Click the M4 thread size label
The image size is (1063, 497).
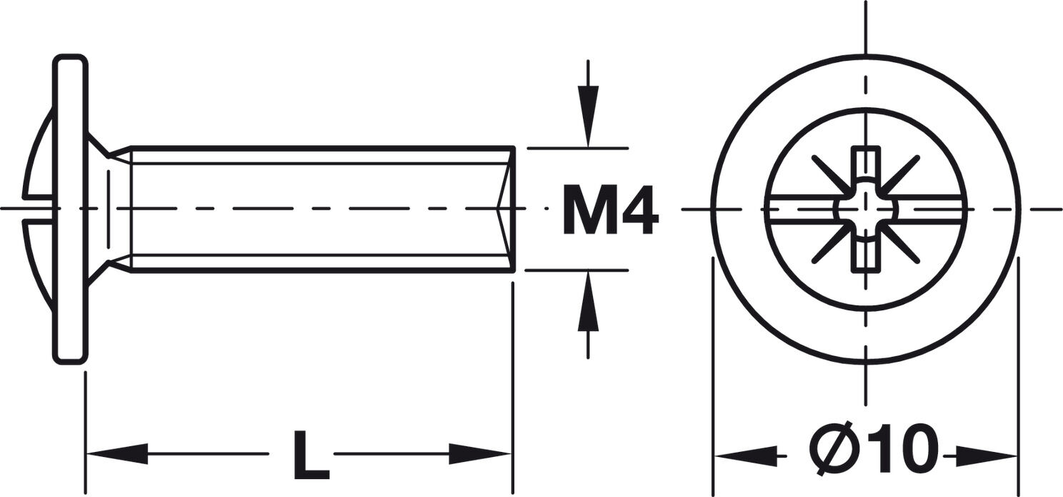(x=610, y=210)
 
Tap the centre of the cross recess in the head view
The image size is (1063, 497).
(x=866, y=209)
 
